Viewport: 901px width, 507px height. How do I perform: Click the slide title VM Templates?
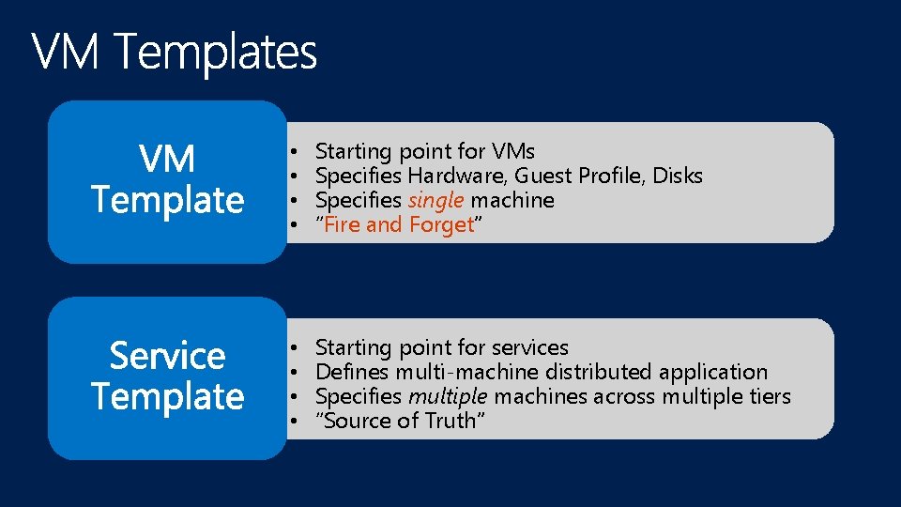tap(175, 53)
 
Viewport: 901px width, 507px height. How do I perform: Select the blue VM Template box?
tap(167, 180)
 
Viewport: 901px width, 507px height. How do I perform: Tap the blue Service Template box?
tap(167, 376)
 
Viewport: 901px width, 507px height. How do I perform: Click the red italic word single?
tap(436, 200)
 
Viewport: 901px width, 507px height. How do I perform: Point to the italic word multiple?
tap(447, 396)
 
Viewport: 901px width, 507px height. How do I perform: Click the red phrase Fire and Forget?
tap(400, 224)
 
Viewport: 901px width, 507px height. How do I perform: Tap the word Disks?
tap(678, 176)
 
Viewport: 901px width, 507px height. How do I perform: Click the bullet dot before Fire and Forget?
tap(294, 225)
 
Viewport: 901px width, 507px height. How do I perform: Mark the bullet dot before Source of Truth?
tap(294, 422)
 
